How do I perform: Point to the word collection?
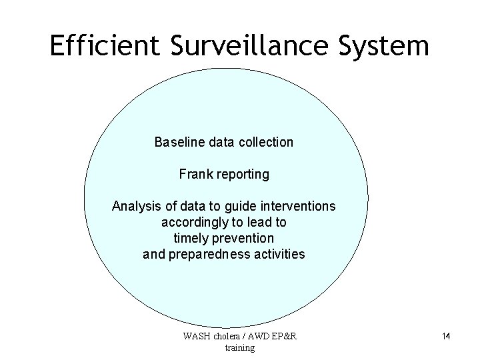coord(265,142)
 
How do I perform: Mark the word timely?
coord(190,238)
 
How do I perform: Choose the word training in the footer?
coord(240,347)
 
